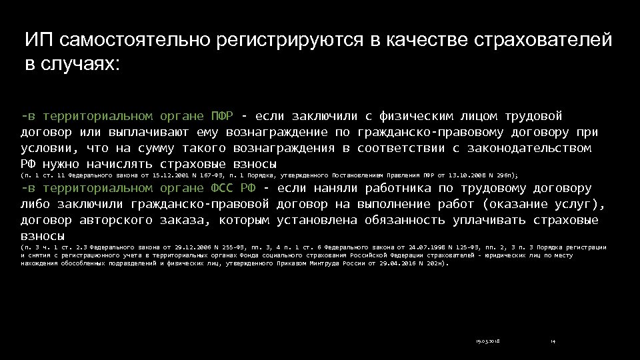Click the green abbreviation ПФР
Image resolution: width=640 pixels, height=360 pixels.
tap(221, 115)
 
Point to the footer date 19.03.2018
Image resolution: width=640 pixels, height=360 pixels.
tap(488, 341)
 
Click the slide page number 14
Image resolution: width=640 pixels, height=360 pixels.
tap(553, 341)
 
